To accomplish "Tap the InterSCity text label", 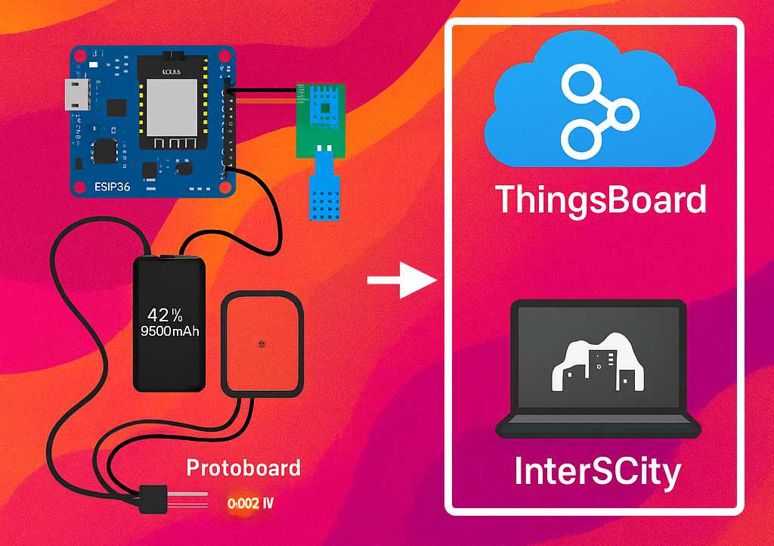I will point(597,472).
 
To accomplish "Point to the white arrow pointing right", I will point(401,281).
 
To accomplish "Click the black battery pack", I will point(169,323).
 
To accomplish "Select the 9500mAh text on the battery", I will point(169,330).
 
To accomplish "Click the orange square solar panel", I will point(262,344).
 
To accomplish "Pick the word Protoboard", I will point(243,467).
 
